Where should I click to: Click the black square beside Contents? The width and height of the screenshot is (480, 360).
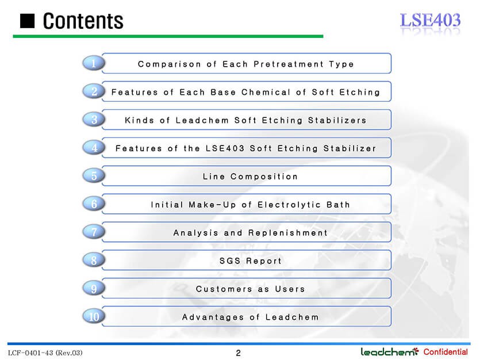(27, 21)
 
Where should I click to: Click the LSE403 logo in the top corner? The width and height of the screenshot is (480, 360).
(430, 20)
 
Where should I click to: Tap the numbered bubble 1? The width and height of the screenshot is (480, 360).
(94, 63)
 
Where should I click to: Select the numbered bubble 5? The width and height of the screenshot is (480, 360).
(94, 176)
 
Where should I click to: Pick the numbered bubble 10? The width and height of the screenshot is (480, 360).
(94, 316)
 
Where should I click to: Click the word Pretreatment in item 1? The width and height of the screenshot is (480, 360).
(289, 64)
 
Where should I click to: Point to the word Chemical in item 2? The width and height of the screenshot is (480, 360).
(266, 92)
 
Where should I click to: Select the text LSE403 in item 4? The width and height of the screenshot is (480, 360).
(225, 148)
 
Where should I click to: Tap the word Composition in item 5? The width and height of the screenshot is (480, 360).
(264, 177)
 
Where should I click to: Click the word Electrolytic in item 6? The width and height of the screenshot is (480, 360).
(289, 205)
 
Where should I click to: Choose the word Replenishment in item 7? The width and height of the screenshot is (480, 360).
(288, 233)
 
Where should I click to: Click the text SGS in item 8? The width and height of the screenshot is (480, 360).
(230, 261)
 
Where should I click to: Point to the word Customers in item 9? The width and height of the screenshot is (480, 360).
(224, 289)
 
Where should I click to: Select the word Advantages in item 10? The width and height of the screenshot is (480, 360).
(213, 317)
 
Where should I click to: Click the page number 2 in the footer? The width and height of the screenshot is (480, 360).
(238, 353)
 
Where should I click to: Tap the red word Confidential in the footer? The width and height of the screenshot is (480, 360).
(446, 352)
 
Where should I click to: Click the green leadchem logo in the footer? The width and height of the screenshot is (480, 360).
(390, 352)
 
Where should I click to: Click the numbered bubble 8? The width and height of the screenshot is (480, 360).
(94, 260)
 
